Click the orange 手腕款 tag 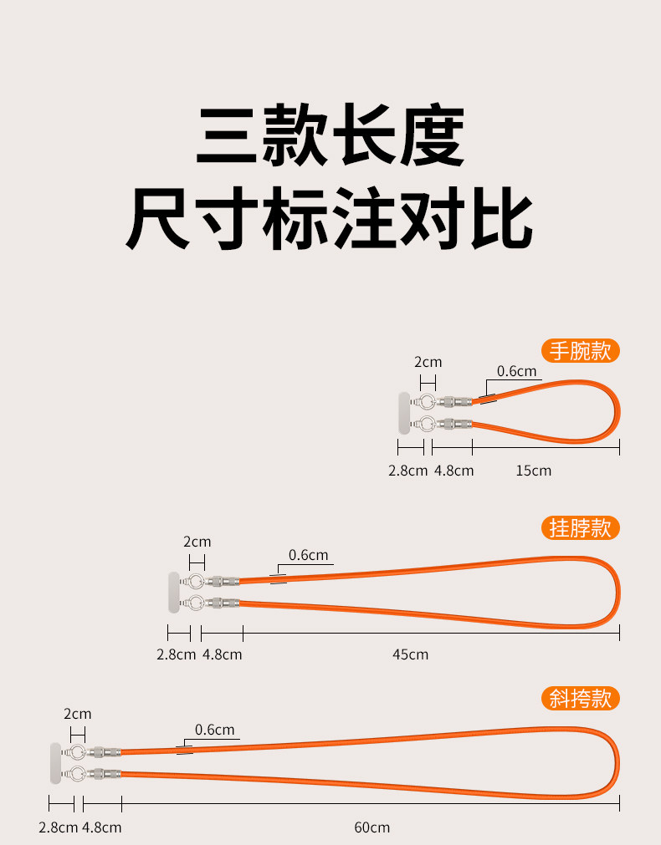[580, 350]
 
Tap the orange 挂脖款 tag [580, 527]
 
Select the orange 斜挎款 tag [580, 698]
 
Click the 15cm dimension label [533, 471]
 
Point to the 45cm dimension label [410, 654]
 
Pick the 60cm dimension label [371, 827]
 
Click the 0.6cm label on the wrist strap [517, 371]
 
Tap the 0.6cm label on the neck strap [309, 555]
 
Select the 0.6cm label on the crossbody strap [215, 730]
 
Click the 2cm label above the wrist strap [428, 362]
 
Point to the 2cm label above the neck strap [197, 541]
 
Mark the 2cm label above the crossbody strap [78, 714]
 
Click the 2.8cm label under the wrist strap [408, 471]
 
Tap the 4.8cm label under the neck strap [223, 654]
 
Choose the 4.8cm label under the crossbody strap [102, 827]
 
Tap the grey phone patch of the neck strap [174, 592]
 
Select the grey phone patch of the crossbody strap [56, 763]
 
